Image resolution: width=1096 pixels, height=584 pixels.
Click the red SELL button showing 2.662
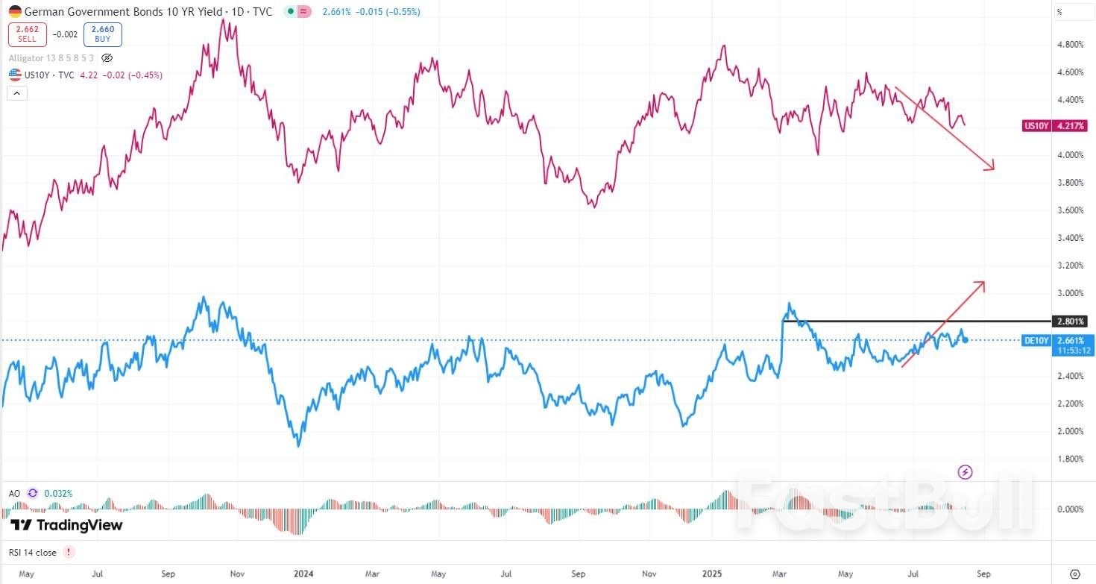point(28,34)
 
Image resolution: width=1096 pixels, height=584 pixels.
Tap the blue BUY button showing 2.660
point(102,34)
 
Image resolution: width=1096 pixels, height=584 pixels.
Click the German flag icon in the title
point(15,12)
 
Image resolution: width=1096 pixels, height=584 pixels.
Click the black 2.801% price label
point(1068,321)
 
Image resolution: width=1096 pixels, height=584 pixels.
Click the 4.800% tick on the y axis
point(1070,45)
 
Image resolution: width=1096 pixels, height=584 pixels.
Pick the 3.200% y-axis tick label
point(1070,266)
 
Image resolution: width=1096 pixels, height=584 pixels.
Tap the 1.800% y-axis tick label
point(1070,459)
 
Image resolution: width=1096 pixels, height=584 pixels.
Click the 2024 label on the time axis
point(303,574)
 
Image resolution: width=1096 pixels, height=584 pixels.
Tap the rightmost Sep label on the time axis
point(983,574)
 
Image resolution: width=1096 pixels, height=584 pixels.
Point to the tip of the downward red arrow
point(994,169)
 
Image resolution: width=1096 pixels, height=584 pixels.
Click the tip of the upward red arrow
point(985,282)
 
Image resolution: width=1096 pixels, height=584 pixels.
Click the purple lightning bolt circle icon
point(965,471)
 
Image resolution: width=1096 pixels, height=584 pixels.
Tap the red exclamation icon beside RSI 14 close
point(69,552)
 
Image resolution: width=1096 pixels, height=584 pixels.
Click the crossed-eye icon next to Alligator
point(107,57)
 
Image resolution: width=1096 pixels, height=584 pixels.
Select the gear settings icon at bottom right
point(1074,574)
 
